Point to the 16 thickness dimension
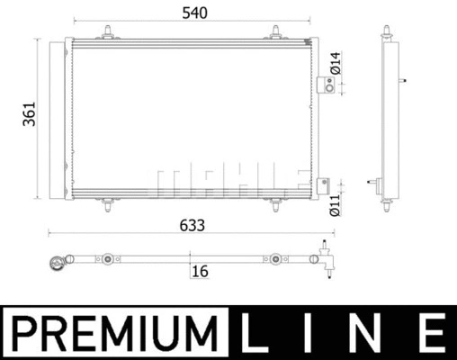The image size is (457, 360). tap(200, 271)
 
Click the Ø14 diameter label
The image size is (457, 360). tap(335, 64)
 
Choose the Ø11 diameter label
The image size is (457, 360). tap(335, 205)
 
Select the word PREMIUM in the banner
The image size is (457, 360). tap(116, 332)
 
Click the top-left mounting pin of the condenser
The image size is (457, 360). tap(108, 34)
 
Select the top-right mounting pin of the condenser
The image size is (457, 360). tap(274, 34)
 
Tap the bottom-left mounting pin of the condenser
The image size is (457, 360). tap(108, 206)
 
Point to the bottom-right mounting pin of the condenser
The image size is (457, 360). tap(274, 206)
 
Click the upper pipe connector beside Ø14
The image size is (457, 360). tap(327, 85)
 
